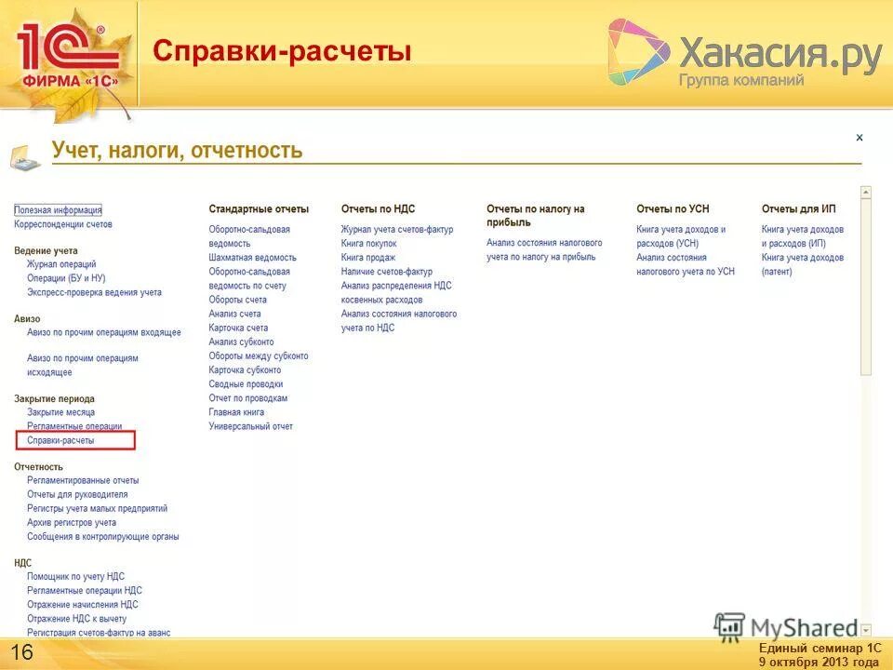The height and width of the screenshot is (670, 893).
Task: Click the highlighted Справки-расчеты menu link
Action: pos(60,440)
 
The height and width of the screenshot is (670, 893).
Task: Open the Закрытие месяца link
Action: pos(60,412)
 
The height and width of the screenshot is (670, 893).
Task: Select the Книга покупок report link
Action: pos(368,244)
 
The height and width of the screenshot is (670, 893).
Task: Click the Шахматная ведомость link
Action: pos(252,258)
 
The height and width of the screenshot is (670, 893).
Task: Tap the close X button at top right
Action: pos(860,138)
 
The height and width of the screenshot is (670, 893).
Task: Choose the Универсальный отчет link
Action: pos(250,426)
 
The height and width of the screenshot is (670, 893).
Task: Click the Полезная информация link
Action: pos(58,210)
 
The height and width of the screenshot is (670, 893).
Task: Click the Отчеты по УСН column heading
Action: pos(674,209)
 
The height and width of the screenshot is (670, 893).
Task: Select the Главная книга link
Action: pos(236,412)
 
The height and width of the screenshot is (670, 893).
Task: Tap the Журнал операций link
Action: pos(61,265)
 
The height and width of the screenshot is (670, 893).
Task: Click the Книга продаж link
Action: pos(367,258)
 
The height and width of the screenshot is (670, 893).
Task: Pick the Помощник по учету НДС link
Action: pos(75,577)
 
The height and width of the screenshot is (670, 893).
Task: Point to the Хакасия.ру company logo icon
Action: pos(638,53)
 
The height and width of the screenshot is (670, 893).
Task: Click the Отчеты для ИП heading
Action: pos(798,209)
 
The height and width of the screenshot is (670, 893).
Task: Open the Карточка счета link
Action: pos(238,328)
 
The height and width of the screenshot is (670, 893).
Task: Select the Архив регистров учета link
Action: pos(72,523)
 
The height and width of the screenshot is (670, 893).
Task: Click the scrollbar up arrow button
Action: pos(866,193)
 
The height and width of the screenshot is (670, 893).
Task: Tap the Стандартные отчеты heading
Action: pos(259,209)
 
